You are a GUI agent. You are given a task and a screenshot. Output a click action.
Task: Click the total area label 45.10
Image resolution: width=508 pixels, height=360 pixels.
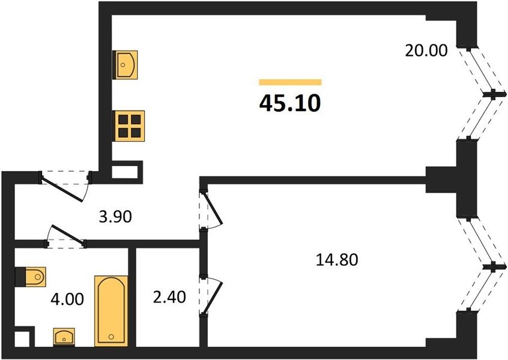[290, 104]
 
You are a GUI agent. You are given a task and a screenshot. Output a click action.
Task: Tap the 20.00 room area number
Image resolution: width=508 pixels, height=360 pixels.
[426, 51]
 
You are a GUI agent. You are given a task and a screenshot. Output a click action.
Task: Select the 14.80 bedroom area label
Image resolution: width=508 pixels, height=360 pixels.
[337, 260]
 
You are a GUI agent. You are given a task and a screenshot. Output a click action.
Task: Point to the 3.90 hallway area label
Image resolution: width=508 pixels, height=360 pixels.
[115, 217]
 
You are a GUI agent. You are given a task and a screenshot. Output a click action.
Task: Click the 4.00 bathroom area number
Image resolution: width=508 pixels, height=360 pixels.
[67, 299]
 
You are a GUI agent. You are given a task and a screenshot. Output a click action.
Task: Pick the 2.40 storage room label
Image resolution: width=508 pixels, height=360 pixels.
[169, 297]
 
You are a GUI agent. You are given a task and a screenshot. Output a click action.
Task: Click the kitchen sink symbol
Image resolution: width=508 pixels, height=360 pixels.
[125, 65]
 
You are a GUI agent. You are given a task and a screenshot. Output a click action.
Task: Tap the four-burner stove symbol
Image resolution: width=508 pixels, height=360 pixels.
[130, 126]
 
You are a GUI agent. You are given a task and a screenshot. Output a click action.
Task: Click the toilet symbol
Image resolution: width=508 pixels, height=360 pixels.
[31, 277]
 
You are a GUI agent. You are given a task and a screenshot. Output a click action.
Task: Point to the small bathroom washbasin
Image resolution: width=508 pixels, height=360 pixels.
[64, 337]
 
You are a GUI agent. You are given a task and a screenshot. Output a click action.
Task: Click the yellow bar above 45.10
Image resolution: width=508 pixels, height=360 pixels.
[290, 82]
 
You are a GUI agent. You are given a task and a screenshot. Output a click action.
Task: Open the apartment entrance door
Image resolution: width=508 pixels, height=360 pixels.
[65, 186]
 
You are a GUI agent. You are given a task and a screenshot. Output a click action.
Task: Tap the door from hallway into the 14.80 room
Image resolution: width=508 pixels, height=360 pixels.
[211, 210]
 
